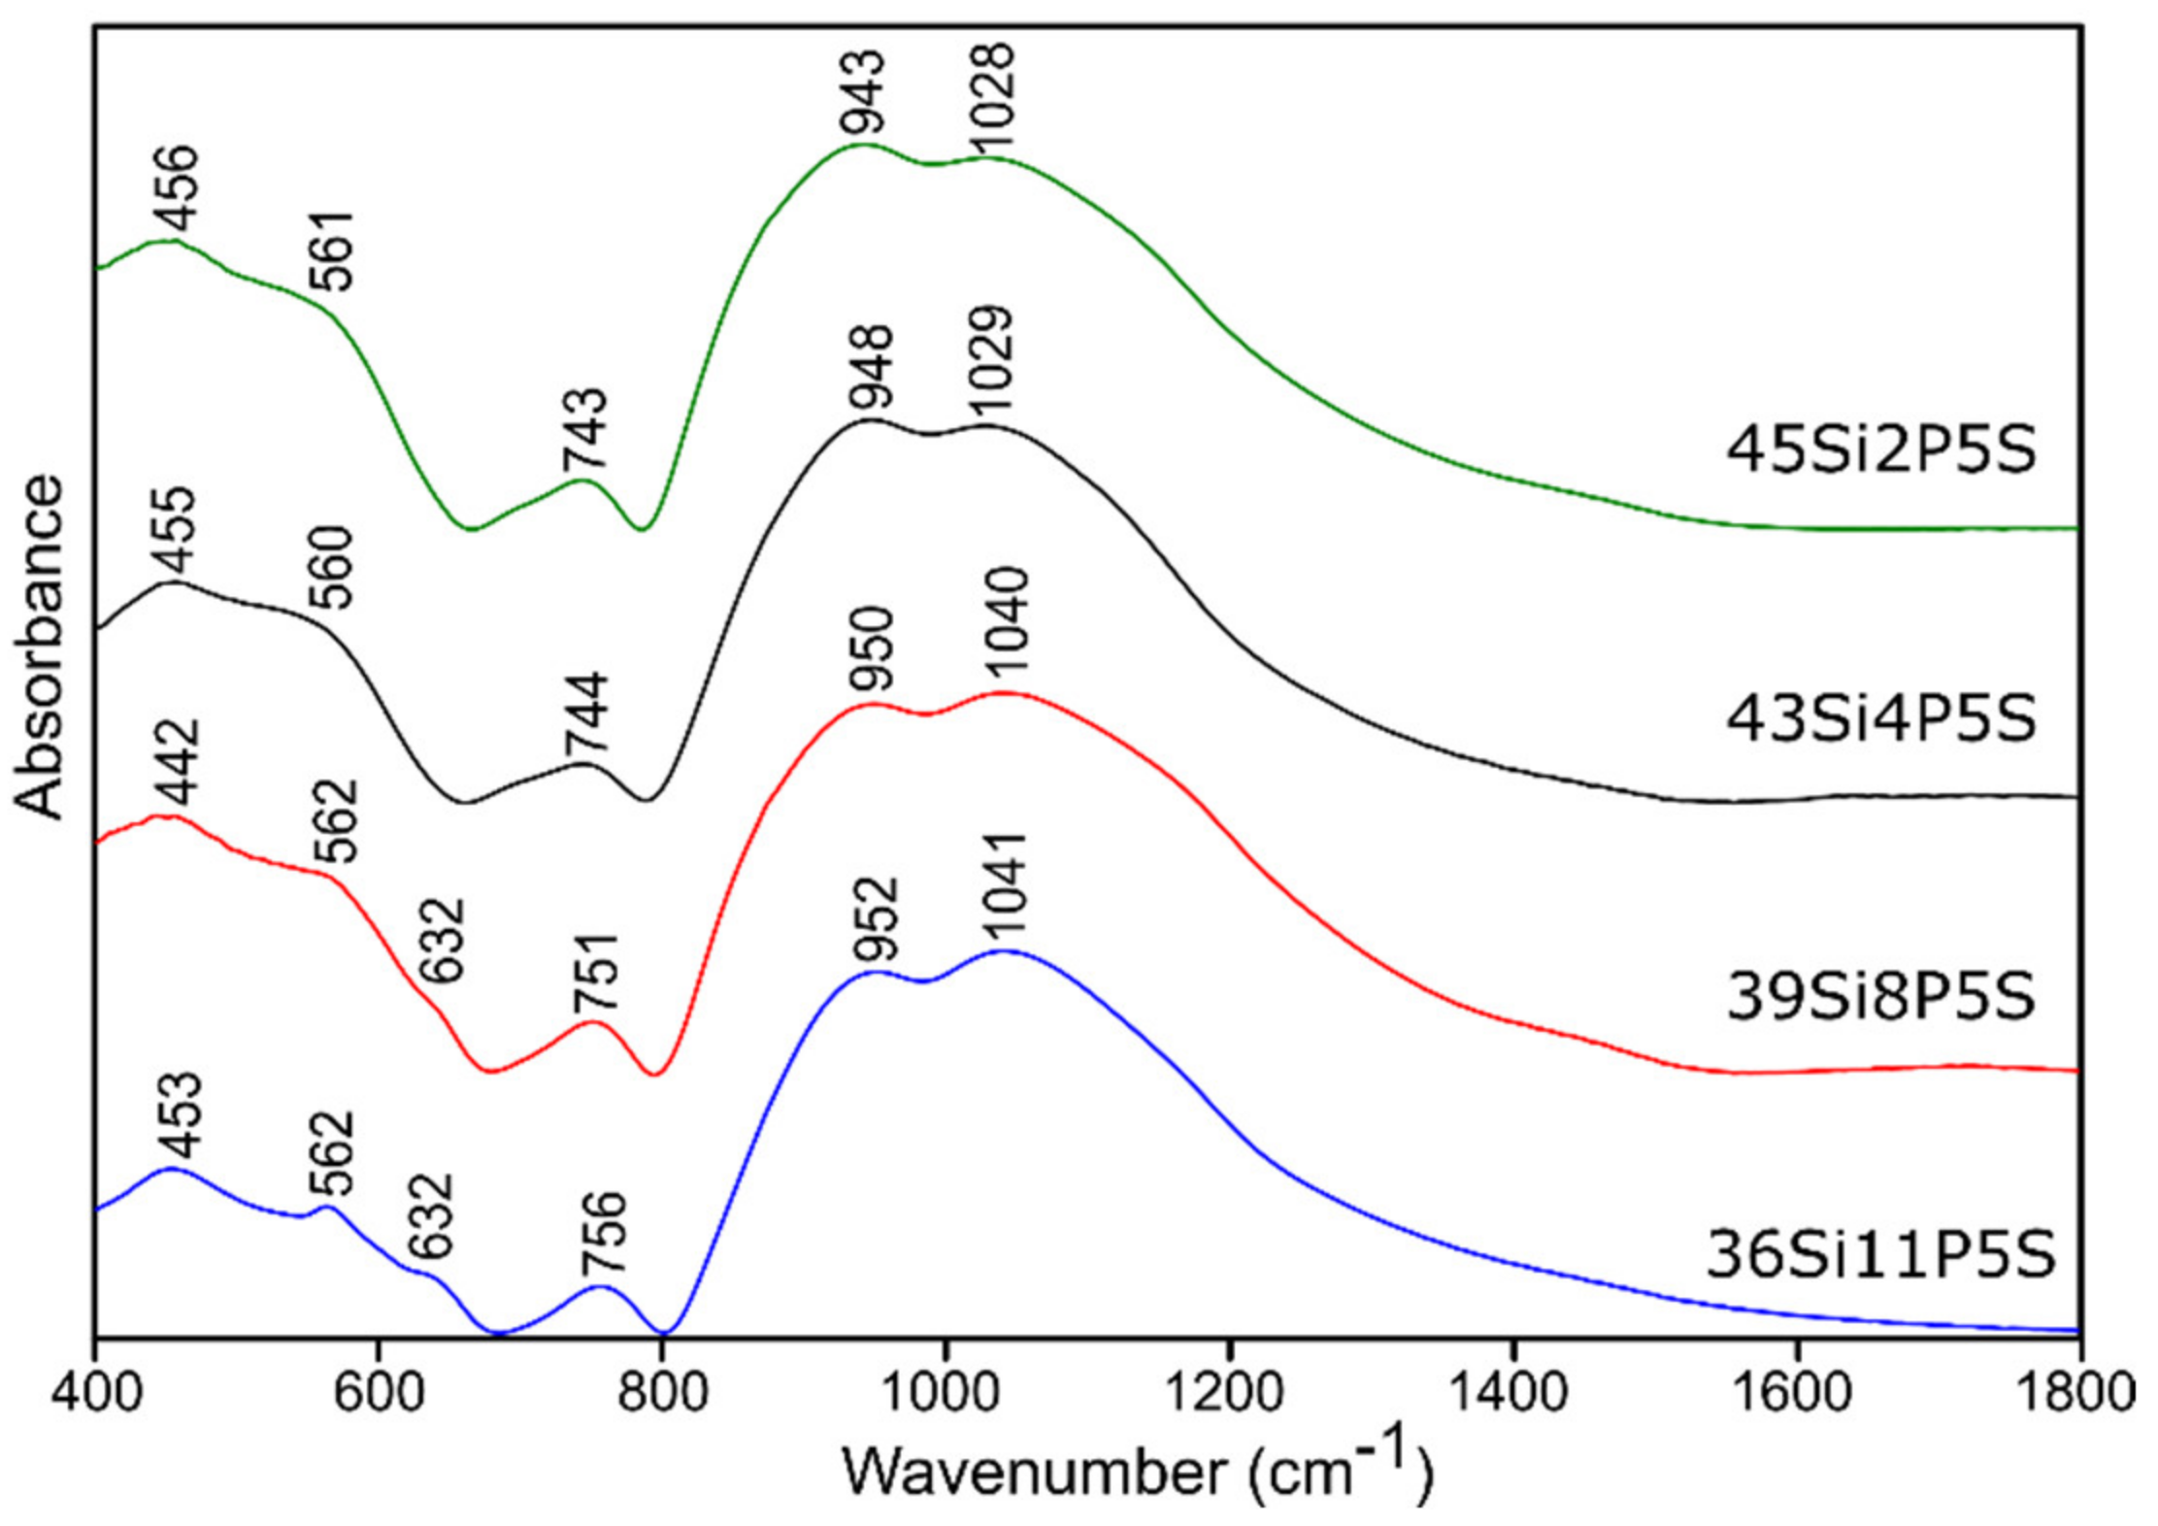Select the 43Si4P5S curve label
1880,719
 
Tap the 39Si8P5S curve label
1880,997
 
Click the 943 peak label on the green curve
863,93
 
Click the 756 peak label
603,1234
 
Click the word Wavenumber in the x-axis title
1034,1472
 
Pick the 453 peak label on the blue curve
179,1116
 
